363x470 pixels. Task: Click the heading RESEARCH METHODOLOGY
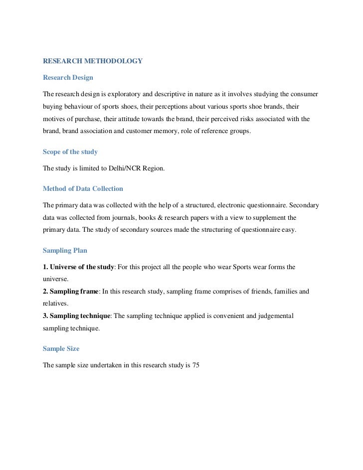[x=93, y=61]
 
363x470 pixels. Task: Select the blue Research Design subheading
[x=68, y=78]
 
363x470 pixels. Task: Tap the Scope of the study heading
[x=70, y=152]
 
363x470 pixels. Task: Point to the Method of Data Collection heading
[x=83, y=189]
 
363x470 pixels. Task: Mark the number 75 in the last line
[x=195, y=365]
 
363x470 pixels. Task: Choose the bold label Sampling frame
[x=74, y=291]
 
